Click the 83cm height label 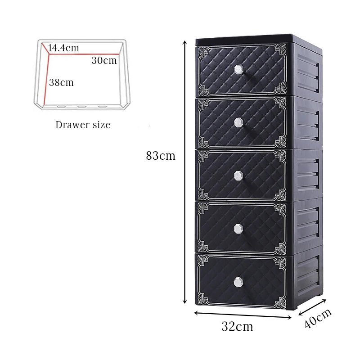pos(161,156)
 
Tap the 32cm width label pos(237,326)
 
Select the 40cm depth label pos(318,319)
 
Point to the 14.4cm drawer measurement pos(63,48)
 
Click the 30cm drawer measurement pos(104,60)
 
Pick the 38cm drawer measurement pos(61,82)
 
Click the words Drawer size pos(83,125)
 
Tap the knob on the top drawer pos(238,69)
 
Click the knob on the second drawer pos(238,122)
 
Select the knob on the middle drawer pos(238,175)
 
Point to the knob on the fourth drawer pos(238,229)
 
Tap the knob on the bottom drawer pos(238,281)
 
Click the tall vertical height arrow pos(184,171)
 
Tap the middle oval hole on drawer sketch pos(82,107)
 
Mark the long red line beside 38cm pos(45,76)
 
